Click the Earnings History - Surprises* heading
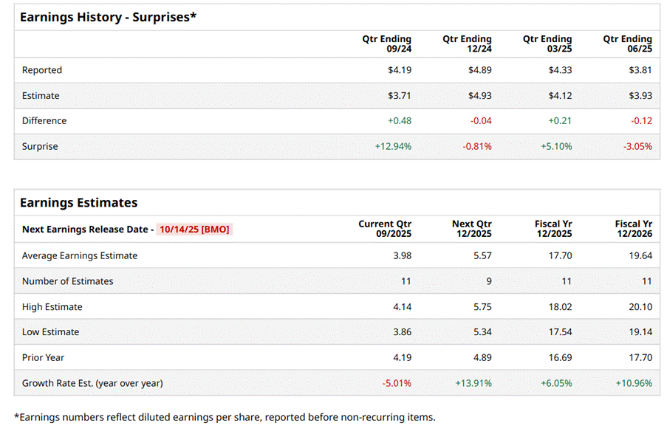(108, 17)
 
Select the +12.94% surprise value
(393, 146)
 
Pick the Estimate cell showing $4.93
(479, 95)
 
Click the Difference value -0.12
(640, 120)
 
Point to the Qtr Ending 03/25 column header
(547, 44)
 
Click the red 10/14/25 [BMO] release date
(194, 229)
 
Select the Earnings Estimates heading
(78, 202)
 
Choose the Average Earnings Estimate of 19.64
(640, 255)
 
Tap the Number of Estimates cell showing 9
(488, 280)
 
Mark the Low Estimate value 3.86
(402, 331)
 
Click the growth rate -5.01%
(396, 383)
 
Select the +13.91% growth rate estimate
(473, 383)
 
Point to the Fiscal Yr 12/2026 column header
(634, 229)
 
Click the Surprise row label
(40, 146)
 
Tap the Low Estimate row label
(50, 331)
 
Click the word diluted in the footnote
(161, 417)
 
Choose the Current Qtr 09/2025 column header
(385, 229)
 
